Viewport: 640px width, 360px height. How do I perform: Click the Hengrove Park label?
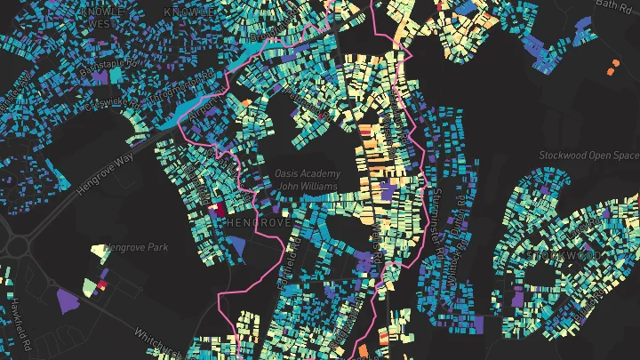136,247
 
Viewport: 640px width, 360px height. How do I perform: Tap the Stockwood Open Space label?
589,156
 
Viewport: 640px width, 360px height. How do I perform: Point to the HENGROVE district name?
258,221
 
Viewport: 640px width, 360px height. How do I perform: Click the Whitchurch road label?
160,345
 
